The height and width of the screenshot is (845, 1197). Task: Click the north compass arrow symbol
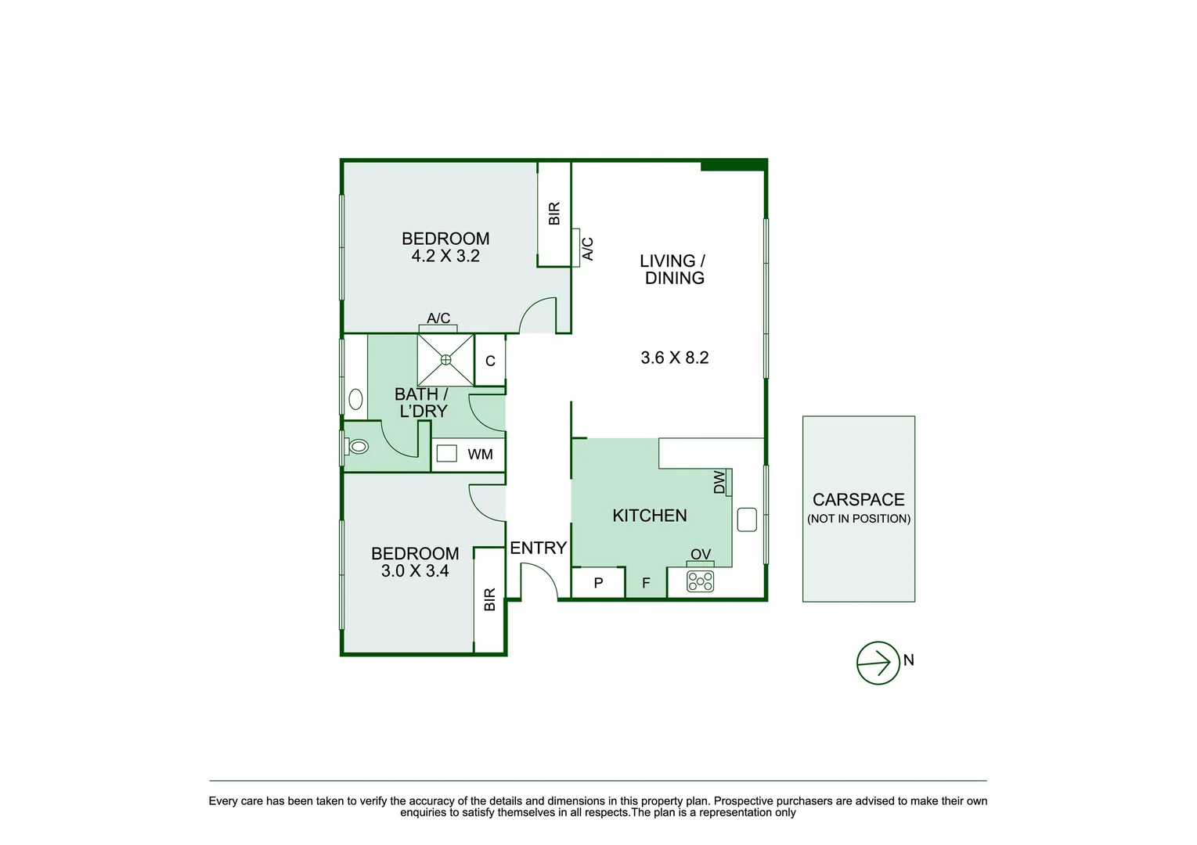[878, 663]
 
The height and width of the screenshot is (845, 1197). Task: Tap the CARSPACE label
[858, 500]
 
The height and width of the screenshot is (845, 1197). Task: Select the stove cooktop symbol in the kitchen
[700, 581]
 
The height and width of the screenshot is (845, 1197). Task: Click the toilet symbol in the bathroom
[357, 447]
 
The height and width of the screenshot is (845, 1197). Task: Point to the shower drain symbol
[445, 360]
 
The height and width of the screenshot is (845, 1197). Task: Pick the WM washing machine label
[480, 455]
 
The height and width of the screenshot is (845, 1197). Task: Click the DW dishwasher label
[719, 482]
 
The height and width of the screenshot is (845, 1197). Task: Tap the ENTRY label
[538, 548]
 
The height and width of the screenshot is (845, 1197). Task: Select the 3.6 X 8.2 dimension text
[674, 358]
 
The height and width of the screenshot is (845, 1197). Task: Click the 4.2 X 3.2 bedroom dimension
[445, 257]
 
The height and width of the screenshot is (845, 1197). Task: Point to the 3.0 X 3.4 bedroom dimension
[415, 571]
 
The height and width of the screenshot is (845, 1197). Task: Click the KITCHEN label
[649, 516]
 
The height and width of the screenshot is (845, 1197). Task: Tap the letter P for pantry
[598, 583]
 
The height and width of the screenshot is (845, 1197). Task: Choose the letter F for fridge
[646, 583]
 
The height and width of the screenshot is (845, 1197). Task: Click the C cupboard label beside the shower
[490, 361]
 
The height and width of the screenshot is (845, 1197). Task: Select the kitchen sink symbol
[747, 520]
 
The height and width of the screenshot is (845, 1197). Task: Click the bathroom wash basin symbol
[355, 400]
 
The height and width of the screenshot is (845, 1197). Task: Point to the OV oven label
[701, 555]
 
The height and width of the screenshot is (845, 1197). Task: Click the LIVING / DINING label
[673, 269]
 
